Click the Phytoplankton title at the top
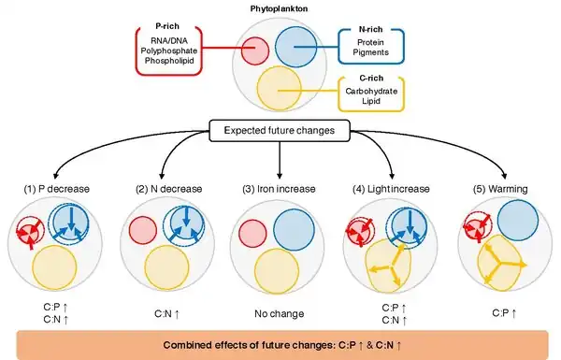tap(279, 9)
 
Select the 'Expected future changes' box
tap(279, 131)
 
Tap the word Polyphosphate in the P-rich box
tap(169, 50)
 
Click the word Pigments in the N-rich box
tap(370, 52)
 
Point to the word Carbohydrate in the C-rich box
tap(371, 92)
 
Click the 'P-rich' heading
tap(167, 26)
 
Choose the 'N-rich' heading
tap(370, 29)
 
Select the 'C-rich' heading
tap(371, 78)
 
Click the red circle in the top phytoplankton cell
tap(254, 50)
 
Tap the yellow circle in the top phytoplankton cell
tap(279, 88)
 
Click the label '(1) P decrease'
tap(56, 189)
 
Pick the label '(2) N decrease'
tap(169, 189)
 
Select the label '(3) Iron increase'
tap(279, 189)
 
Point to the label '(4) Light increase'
tap(391, 189)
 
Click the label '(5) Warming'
tap(500, 189)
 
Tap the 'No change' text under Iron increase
tap(279, 314)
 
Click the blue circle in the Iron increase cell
tap(295, 230)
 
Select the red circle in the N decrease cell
tap(143, 230)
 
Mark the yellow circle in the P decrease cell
tap(55, 267)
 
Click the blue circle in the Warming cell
tap(518, 220)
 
